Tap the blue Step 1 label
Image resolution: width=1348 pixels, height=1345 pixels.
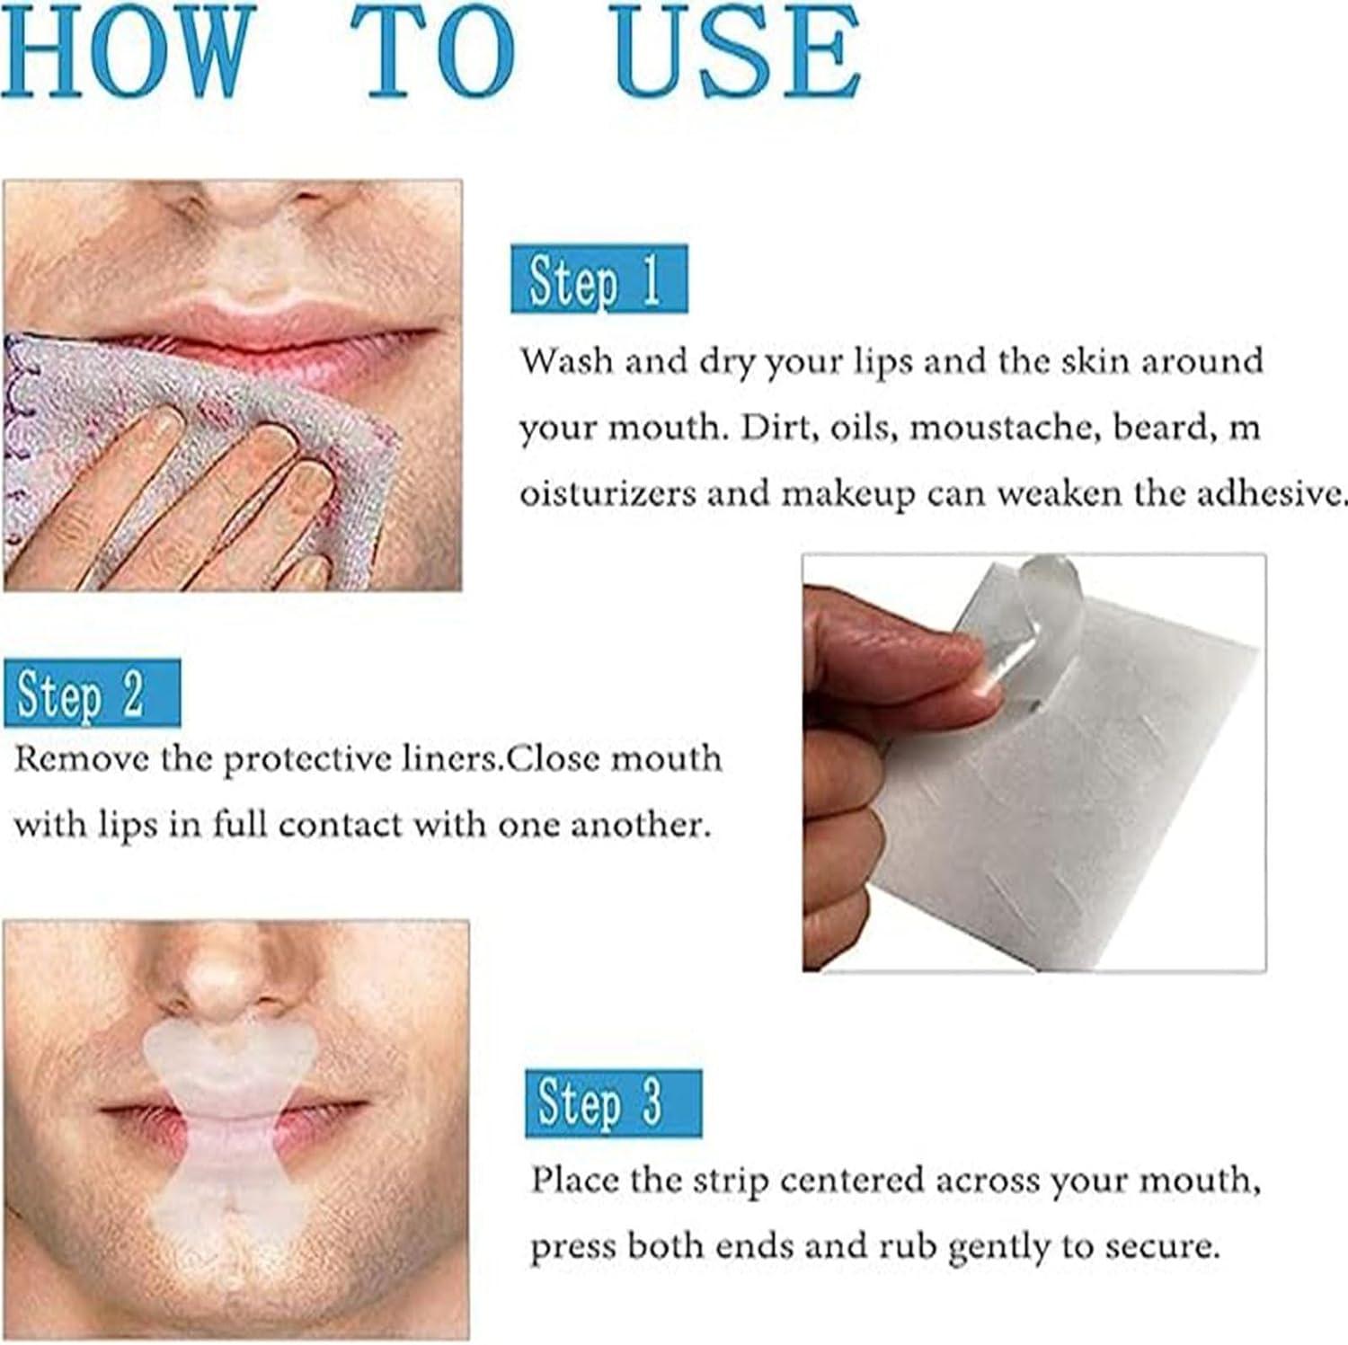pos(599,279)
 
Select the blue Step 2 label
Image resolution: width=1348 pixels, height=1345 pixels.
pos(92,694)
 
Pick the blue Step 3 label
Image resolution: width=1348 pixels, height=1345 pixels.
pos(613,1103)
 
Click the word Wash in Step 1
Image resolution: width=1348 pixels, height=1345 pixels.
pos(567,362)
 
